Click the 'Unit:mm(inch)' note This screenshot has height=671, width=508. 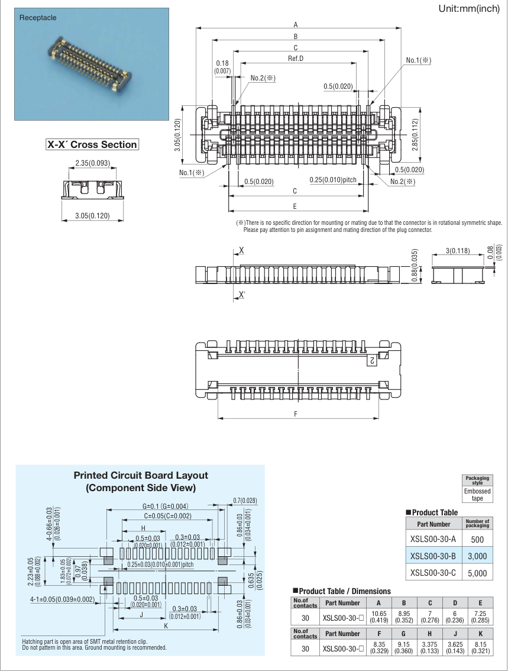pos(469,8)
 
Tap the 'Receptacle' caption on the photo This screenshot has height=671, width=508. pos(38,18)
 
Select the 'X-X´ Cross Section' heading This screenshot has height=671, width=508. pos(92,144)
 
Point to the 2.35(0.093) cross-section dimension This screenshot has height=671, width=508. pos(92,163)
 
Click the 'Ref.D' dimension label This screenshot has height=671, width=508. pos(296,58)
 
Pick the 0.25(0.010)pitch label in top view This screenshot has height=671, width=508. pos(333,180)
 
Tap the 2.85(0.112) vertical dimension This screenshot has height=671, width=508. pos(415,134)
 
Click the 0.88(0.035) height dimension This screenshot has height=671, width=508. pos(415,265)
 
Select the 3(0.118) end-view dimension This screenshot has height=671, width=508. pos(458,250)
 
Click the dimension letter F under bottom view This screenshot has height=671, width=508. pos(296,414)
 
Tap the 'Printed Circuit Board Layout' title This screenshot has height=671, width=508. pos(141,475)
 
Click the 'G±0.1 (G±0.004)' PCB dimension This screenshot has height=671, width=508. pos(165,507)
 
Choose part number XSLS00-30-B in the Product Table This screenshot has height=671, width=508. pos(433,556)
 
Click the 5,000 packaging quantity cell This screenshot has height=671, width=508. pos(477,573)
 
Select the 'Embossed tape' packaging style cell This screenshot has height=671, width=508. pos(477,495)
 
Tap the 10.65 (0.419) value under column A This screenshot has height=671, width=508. pos(379,617)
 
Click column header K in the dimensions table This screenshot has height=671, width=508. pos(481,634)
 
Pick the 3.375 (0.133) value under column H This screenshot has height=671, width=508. pos(429,648)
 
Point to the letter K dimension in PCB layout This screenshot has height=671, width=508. pos(166,625)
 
